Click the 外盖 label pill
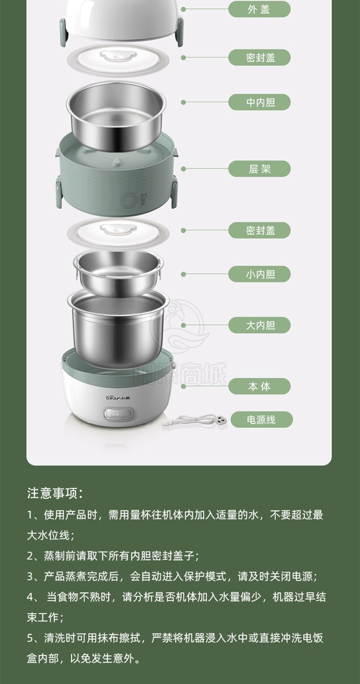pyautogui.click(x=259, y=10)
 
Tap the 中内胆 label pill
pyautogui.click(x=259, y=102)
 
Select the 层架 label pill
pyautogui.click(x=259, y=169)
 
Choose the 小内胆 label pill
pyautogui.click(x=259, y=274)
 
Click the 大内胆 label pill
pyautogui.click(x=259, y=325)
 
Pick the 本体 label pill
pyautogui.click(x=259, y=386)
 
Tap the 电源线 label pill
pyautogui.click(x=262, y=420)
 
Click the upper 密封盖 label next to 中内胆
pyautogui.click(x=259, y=57)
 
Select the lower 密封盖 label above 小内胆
pyautogui.click(x=259, y=230)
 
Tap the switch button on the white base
pyautogui.click(x=118, y=415)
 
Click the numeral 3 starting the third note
pyautogui.click(x=30, y=576)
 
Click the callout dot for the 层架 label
pyautogui.click(x=183, y=169)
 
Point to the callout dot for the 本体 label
pyautogui.click(x=183, y=386)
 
